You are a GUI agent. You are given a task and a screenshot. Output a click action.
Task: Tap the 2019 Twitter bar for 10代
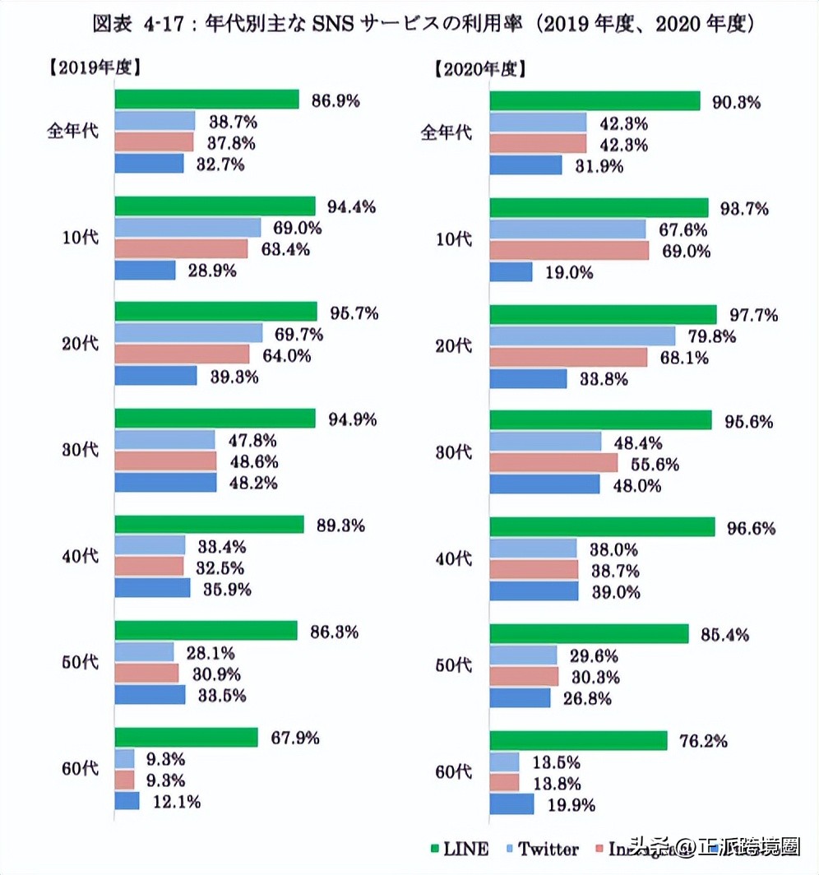[187, 228]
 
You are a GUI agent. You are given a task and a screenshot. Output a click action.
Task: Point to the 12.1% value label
[177, 801]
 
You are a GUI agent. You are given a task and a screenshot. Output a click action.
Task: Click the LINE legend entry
[459, 849]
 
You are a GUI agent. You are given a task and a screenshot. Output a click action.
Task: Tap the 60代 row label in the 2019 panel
[80, 769]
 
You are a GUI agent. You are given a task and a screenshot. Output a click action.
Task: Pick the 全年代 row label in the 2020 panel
[446, 132]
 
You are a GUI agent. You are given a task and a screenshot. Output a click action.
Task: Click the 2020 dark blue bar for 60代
[511, 803]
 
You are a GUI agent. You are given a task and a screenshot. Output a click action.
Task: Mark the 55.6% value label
[655, 464]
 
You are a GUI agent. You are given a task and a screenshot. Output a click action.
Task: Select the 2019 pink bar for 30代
[165, 461]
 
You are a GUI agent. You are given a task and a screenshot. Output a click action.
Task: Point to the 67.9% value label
[295, 737]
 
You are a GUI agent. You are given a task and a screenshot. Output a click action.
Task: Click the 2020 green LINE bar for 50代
[589, 634]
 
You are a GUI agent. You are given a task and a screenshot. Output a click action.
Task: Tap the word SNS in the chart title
[333, 25]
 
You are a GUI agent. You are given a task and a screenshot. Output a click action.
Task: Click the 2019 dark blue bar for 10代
[145, 270]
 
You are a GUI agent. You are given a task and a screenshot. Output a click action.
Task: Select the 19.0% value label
[570, 273]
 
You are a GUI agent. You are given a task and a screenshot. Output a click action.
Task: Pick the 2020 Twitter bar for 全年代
[539, 123]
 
